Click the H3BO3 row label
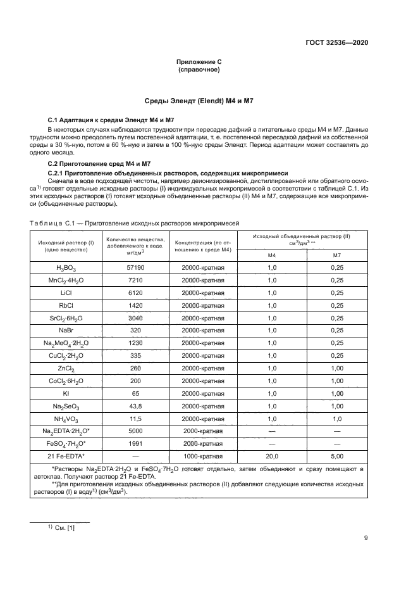[66, 268]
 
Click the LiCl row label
[66, 293]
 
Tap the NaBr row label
[66, 330]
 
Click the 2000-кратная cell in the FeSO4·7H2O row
[203, 444]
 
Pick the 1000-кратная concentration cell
[203, 457]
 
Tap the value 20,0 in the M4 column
[273, 457]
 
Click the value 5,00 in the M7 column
[337, 457]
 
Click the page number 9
[366, 539]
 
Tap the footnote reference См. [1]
[60, 527]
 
